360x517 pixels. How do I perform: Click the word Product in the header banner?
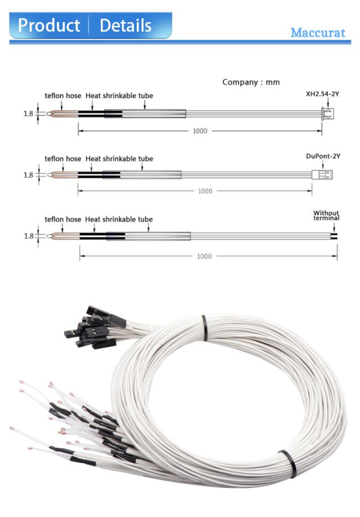click(49, 25)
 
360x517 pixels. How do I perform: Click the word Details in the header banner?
click(125, 25)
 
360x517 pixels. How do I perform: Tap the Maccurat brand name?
click(318, 33)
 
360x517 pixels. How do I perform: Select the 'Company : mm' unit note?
click(251, 82)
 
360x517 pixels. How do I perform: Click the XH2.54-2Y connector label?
click(322, 94)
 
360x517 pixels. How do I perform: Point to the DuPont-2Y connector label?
click(323, 156)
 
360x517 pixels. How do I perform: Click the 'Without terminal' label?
click(326, 215)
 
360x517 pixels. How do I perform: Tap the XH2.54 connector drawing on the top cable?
click(327, 113)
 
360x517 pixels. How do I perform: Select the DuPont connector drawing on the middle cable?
click(322, 174)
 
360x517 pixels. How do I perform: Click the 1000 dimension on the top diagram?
click(200, 131)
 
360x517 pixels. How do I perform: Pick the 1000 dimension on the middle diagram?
click(205, 191)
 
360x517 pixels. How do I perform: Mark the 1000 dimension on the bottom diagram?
click(204, 256)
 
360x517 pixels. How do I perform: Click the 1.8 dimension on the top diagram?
click(28, 114)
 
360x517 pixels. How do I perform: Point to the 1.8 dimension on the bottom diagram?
click(29, 236)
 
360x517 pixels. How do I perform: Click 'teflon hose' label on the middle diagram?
click(63, 159)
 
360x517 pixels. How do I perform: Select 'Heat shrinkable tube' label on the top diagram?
click(119, 96)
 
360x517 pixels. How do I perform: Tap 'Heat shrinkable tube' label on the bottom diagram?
click(119, 219)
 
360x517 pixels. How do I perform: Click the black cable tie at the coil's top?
click(204, 328)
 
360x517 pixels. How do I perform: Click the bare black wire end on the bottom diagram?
click(335, 236)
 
